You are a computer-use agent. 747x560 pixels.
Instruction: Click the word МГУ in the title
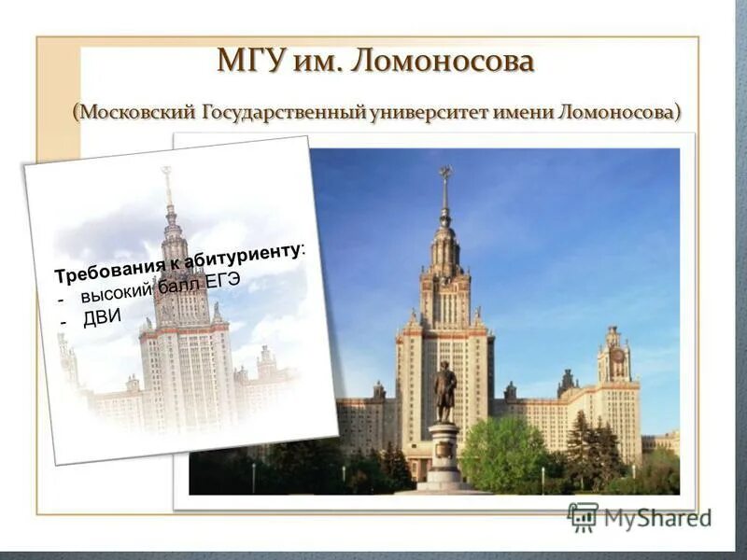pyautogui.click(x=247, y=62)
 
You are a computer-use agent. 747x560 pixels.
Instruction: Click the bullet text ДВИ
pyautogui.click(x=102, y=317)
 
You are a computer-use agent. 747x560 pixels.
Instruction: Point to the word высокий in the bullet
pyautogui.click(x=116, y=294)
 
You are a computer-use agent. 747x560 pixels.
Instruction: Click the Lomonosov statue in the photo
pyautogui.click(x=444, y=392)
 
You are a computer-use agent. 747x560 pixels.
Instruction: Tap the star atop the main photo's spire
pyautogui.click(x=445, y=174)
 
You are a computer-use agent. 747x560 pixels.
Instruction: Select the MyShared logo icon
pyautogui.click(x=583, y=516)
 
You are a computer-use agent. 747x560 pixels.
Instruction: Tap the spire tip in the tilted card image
pyautogui.click(x=166, y=174)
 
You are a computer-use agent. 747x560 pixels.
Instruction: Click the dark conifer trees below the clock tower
pyautogui.click(x=593, y=448)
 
